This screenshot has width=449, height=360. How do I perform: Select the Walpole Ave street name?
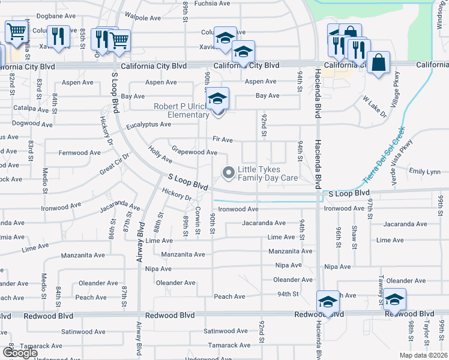click(143, 18)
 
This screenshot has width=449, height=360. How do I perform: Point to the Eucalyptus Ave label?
click(148, 125)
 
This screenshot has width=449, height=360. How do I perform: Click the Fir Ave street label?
click(222, 140)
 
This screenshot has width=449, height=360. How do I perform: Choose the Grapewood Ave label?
click(194, 152)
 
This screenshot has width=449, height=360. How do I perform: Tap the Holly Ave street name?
click(160, 157)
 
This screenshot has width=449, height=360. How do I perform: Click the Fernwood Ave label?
click(79, 153)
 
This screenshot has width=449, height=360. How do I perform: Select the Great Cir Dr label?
click(115, 163)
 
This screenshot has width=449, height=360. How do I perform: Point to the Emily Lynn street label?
click(424, 172)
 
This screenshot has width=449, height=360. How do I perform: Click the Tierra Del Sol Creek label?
click(384, 155)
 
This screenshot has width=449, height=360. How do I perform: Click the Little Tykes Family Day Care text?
click(268, 173)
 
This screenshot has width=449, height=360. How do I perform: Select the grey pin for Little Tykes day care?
click(228, 173)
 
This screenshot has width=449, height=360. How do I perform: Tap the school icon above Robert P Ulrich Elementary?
click(217, 98)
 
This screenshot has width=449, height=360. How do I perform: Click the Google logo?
click(19, 352)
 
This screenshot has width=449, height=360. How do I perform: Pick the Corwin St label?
click(197, 216)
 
